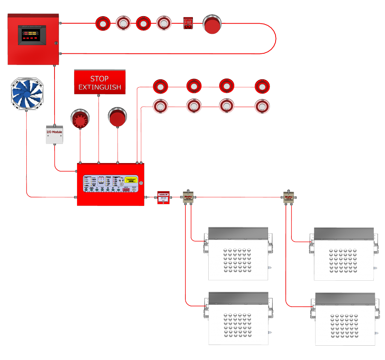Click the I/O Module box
[55, 135]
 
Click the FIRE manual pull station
[188, 23]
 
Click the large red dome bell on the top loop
[212, 24]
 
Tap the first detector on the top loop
[102, 23]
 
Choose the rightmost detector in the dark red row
[262, 86]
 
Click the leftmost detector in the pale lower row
[161, 106]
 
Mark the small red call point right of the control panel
[162, 198]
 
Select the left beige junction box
[188, 197]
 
